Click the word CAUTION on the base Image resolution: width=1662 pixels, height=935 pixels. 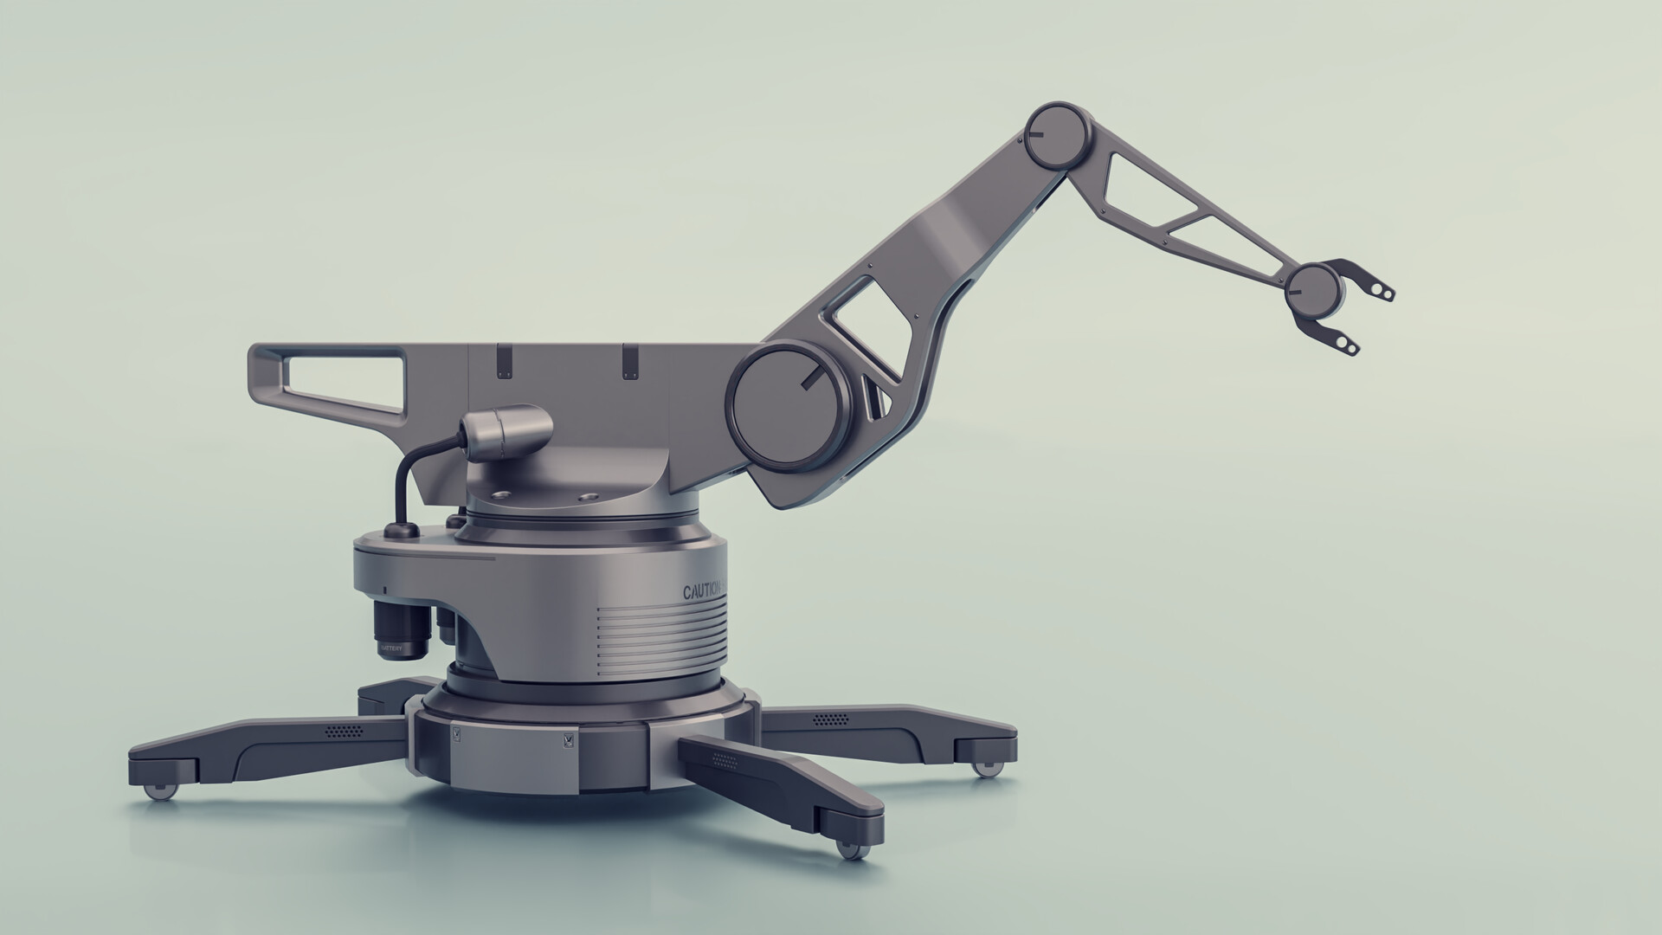[704, 592]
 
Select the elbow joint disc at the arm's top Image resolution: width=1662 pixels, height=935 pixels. [1057, 135]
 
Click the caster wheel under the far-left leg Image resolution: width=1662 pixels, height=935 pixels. [158, 790]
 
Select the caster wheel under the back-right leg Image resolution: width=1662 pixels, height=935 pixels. [985, 767]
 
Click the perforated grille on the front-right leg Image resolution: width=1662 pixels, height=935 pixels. [724, 762]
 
